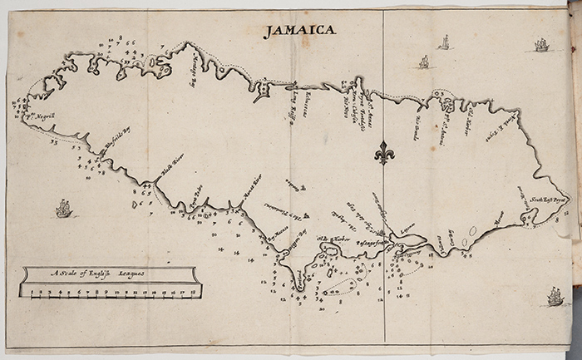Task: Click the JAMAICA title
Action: tap(300, 32)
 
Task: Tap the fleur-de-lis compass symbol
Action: tap(382, 152)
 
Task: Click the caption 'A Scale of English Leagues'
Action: tap(96, 273)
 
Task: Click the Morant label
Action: tap(500, 221)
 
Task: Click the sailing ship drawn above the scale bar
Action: tap(63, 208)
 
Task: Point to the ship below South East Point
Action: tap(555, 295)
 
